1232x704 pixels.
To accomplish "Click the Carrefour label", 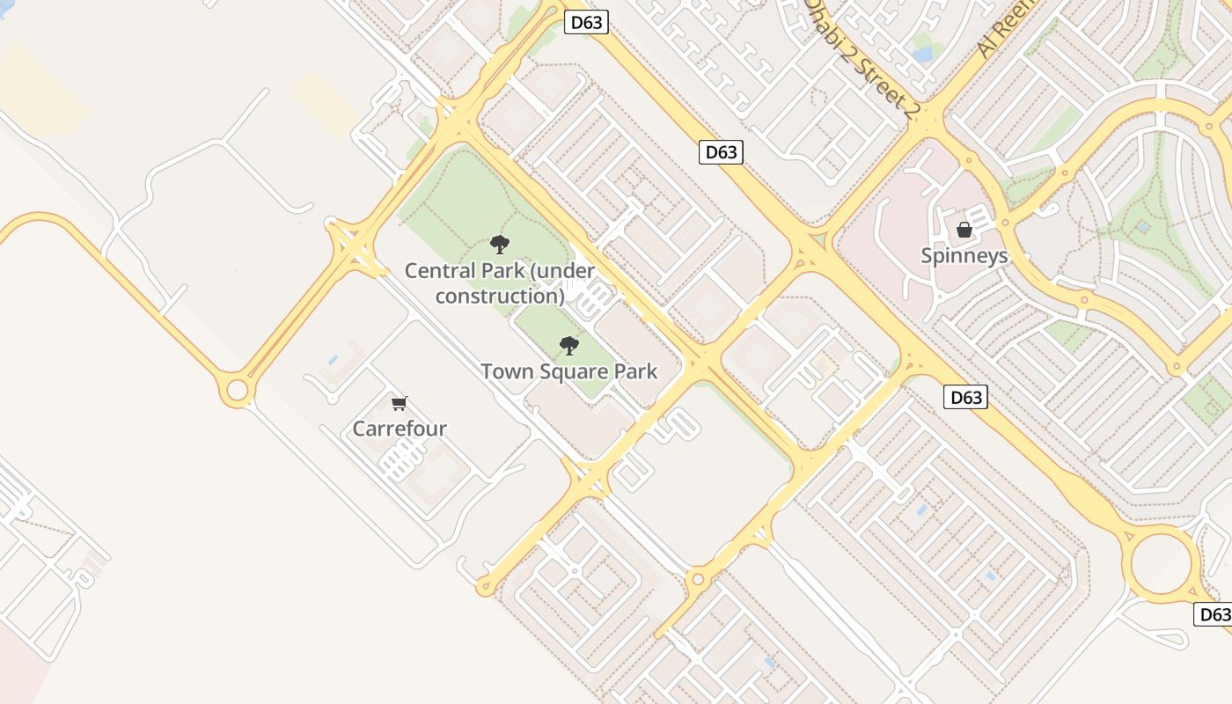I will tap(400, 429).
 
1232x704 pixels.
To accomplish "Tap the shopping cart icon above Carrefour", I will tap(400, 404).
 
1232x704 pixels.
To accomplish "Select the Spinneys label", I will tap(964, 256).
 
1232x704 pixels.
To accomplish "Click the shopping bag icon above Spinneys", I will tap(964, 231).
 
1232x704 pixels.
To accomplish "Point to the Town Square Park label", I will tap(568, 371).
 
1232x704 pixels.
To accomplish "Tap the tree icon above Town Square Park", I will tap(569, 346).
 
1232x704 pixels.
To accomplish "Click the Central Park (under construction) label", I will tap(500, 282).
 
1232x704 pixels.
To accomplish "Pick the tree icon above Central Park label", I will tap(500, 244).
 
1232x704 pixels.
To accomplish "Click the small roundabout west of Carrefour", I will tap(237, 390).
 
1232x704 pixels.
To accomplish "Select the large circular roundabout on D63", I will tap(1164, 564).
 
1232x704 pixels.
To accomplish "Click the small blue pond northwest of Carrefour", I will tap(333, 360).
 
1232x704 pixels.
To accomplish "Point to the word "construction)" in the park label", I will tap(500, 296).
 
